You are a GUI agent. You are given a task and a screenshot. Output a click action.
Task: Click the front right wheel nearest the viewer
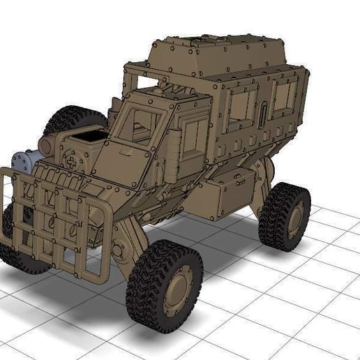(164, 286)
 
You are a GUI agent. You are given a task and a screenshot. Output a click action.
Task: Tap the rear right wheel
(285, 216)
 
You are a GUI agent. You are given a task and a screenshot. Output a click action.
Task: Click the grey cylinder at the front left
(24, 162)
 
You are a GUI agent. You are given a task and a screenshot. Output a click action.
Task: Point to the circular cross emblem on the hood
(73, 159)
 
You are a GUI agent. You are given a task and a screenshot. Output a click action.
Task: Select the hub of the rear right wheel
(294, 219)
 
